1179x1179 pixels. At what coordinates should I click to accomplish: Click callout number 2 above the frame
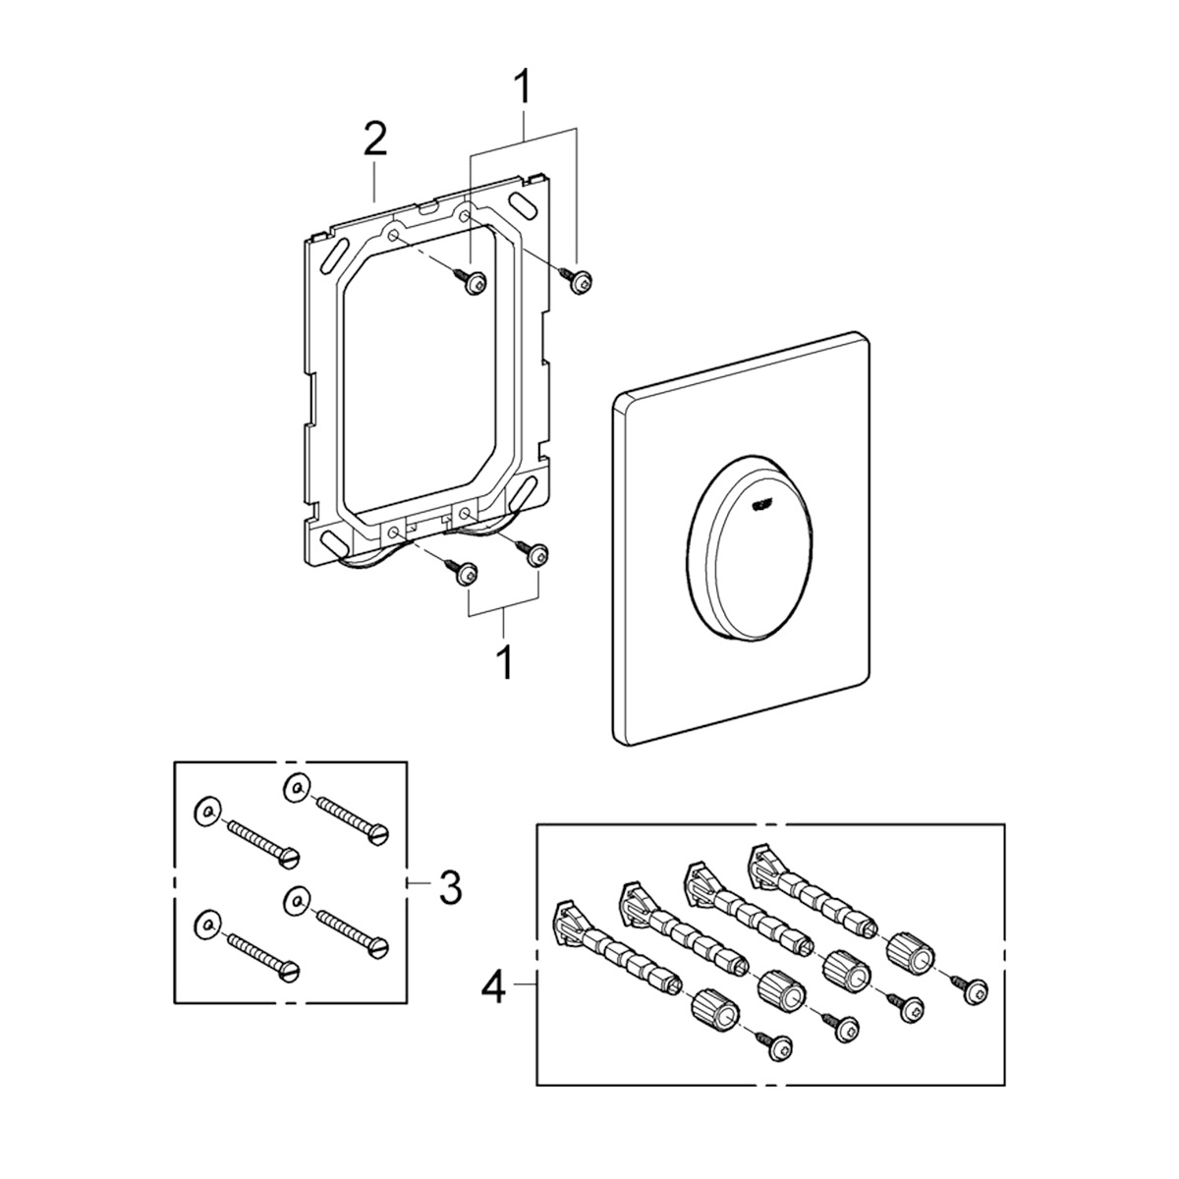tap(374, 141)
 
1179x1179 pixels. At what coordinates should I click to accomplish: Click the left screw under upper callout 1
tap(473, 284)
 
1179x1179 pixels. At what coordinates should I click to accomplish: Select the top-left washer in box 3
tap(202, 812)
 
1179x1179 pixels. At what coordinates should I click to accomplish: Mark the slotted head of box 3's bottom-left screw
tap(290, 972)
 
